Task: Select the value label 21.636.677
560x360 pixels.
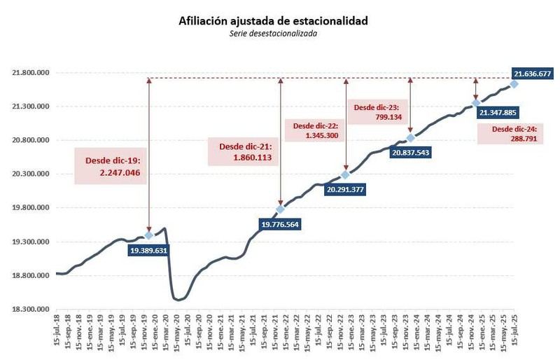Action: [x=532, y=73]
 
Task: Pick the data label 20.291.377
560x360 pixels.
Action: [x=346, y=188]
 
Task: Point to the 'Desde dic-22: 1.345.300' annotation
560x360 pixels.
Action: [x=315, y=130]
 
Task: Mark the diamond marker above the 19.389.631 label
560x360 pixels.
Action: [x=148, y=235]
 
